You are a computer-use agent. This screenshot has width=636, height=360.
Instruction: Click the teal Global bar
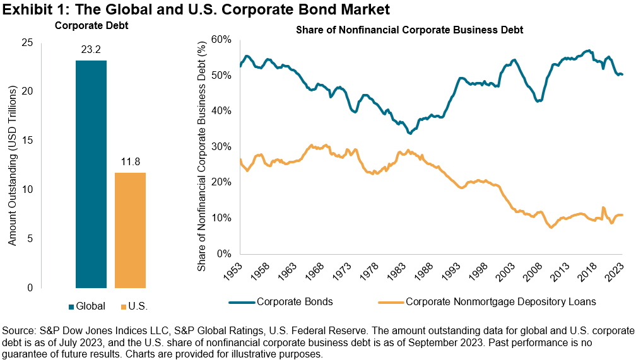coord(91,174)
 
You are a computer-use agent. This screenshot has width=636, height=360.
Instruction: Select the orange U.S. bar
coord(131,230)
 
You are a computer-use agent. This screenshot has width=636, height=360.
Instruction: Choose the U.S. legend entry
coord(134,306)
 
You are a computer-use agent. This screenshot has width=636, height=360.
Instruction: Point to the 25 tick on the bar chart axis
coord(28,42)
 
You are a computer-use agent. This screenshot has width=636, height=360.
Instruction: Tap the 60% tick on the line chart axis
coord(221,39)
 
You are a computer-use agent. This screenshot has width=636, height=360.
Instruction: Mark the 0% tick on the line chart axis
coord(224,253)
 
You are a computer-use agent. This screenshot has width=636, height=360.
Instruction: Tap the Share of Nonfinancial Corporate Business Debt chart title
coord(419,30)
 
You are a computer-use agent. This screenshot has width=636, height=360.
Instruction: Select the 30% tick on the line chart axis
coord(221,146)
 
